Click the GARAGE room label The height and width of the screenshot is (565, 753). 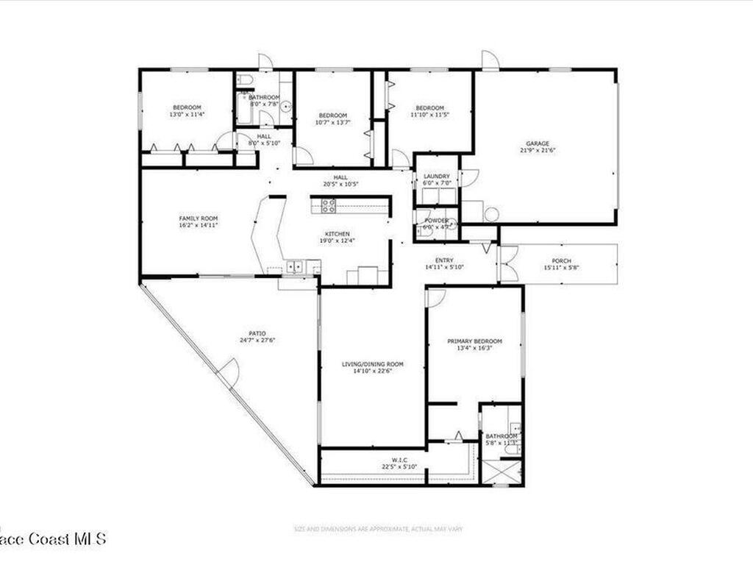point(538,143)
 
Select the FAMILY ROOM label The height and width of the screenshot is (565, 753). point(199,218)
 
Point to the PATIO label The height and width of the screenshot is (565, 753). point(257,333)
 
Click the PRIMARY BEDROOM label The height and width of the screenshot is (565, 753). point(475,341)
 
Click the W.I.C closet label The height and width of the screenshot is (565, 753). point(390,459)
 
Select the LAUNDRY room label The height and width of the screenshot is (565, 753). point(436,177)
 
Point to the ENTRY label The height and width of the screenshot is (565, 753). point(444,260)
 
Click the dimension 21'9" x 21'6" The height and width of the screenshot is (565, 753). point(538,151)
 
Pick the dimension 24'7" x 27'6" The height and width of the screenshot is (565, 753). point(257,340)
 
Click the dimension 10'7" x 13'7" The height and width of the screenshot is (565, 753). point(333,122)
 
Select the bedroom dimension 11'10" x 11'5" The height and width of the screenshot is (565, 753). point(429,115)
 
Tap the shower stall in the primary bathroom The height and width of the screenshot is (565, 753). point(502,470)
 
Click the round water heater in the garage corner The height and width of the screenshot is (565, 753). point(491,214)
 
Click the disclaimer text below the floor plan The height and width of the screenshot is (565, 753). point(378,528)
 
